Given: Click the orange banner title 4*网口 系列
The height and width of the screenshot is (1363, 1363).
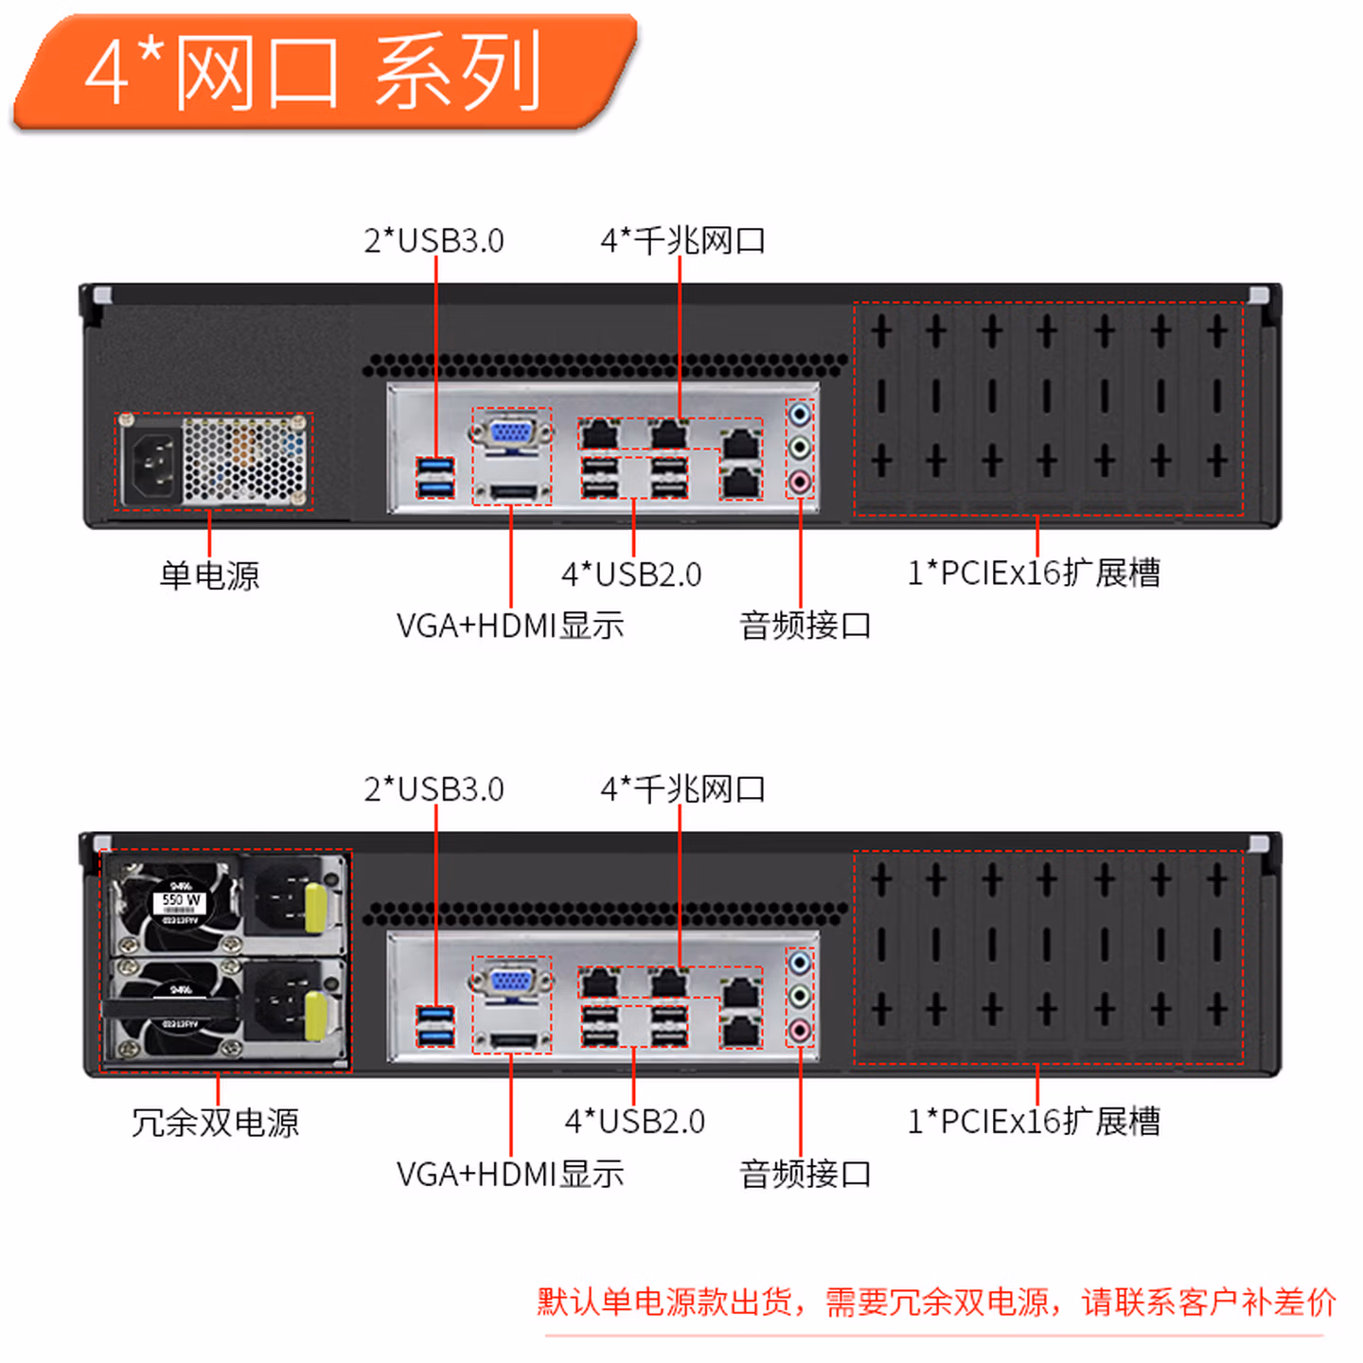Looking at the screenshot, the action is click(x=312, y=71).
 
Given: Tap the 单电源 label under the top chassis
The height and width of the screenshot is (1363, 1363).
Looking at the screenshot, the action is click(x=209, y=575).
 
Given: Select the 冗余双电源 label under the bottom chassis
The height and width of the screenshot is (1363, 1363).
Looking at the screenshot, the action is click(x=216, y=1123).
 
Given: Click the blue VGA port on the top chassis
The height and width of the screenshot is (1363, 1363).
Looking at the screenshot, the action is click(x=511, y=432).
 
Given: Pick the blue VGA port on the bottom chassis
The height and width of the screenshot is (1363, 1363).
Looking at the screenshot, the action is click(x=511, y=981).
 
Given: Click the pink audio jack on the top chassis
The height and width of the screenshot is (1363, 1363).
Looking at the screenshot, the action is click(x=799, y=483).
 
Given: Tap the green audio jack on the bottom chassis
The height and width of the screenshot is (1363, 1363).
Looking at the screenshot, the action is click(x=799, y=996).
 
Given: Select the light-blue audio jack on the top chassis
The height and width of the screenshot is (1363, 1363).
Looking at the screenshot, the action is click(x=799, y=414).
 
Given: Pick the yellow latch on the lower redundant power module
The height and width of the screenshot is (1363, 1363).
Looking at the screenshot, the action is click(x=315, y=1015).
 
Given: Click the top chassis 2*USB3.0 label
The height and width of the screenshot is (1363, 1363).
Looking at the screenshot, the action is click(x=434, y=240).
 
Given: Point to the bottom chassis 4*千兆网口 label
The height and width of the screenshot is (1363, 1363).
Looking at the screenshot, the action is click(x=683, y=788).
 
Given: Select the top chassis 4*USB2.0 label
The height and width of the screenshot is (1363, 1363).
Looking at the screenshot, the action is click(x=631, y=575).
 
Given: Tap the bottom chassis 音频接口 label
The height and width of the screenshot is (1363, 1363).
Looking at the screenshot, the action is click(x=805, y=1174).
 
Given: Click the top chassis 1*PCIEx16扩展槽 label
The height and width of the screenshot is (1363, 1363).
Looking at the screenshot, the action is click(x=1035, y=573).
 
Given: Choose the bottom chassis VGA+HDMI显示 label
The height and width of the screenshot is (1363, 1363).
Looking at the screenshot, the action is click(x=510, y=1174).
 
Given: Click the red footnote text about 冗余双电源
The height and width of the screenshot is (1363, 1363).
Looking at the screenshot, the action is click(x=937, y=1302).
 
